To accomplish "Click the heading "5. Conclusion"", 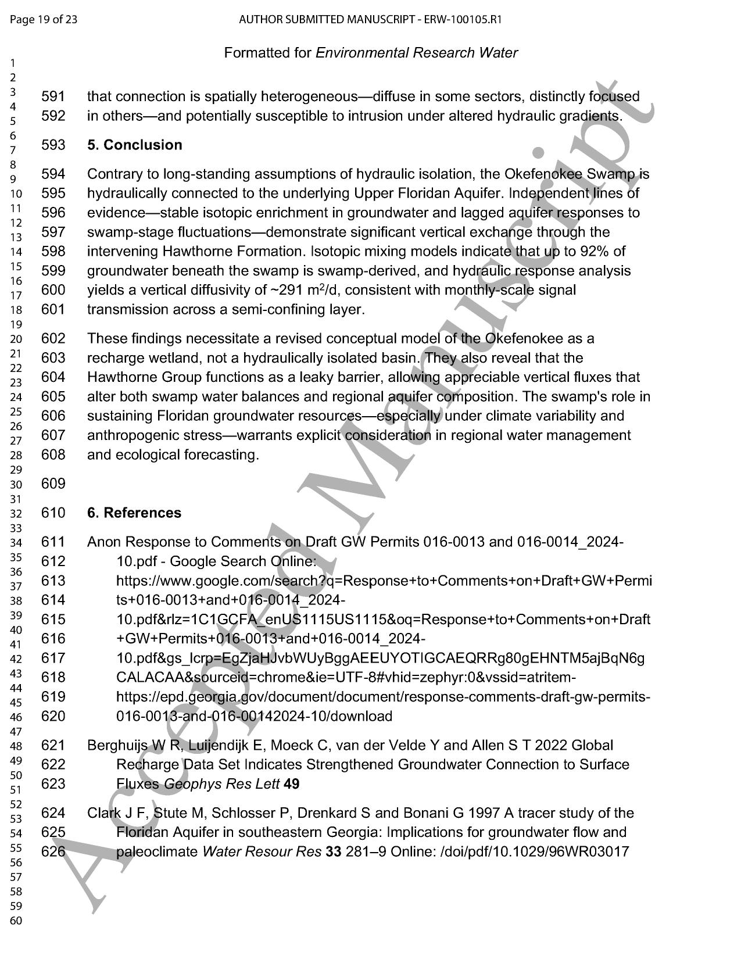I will (134, 145).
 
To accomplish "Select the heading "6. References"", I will (134, 513).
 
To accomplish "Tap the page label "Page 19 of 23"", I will (44, 20).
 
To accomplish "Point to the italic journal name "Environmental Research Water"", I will (416, 53).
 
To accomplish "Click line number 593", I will (53, 145).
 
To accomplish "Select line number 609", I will (53, 484).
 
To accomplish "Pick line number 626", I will (53, 852).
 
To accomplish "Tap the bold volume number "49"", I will (291, 784).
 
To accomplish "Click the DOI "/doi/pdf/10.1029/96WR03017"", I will (535, 852).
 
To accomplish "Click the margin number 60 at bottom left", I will (16, 921).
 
